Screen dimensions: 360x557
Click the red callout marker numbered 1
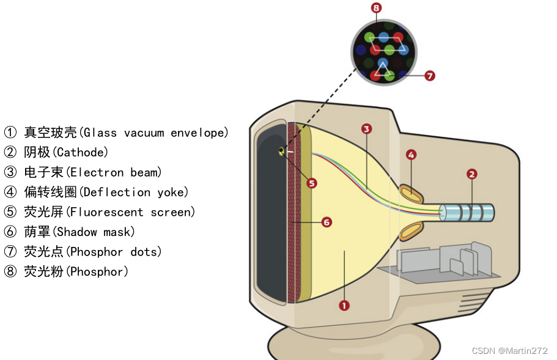click(x=344, y=304)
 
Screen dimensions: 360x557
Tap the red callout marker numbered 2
click(x=471, y=174)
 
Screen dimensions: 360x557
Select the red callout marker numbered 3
click(x=366, y=129)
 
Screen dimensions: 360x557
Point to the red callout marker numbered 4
click(x=411, y=155)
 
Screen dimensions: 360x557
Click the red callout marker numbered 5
click(x=312, y=183)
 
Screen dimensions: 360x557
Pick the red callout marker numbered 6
click(x=326, y=222)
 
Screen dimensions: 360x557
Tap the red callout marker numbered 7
click(x=429, y=76)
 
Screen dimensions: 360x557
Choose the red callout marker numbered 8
click(x=376, y=8)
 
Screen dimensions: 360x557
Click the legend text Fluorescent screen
click(x=131, y=212)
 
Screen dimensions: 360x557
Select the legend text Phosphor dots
click(x=114, y=252)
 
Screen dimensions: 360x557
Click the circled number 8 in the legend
click(x=10, y=272)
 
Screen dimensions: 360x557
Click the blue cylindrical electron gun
click(x=467, y=213)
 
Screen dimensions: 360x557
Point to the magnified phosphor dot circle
click(x=383, y=50)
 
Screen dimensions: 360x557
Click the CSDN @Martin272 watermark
click(x=510, y=350)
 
